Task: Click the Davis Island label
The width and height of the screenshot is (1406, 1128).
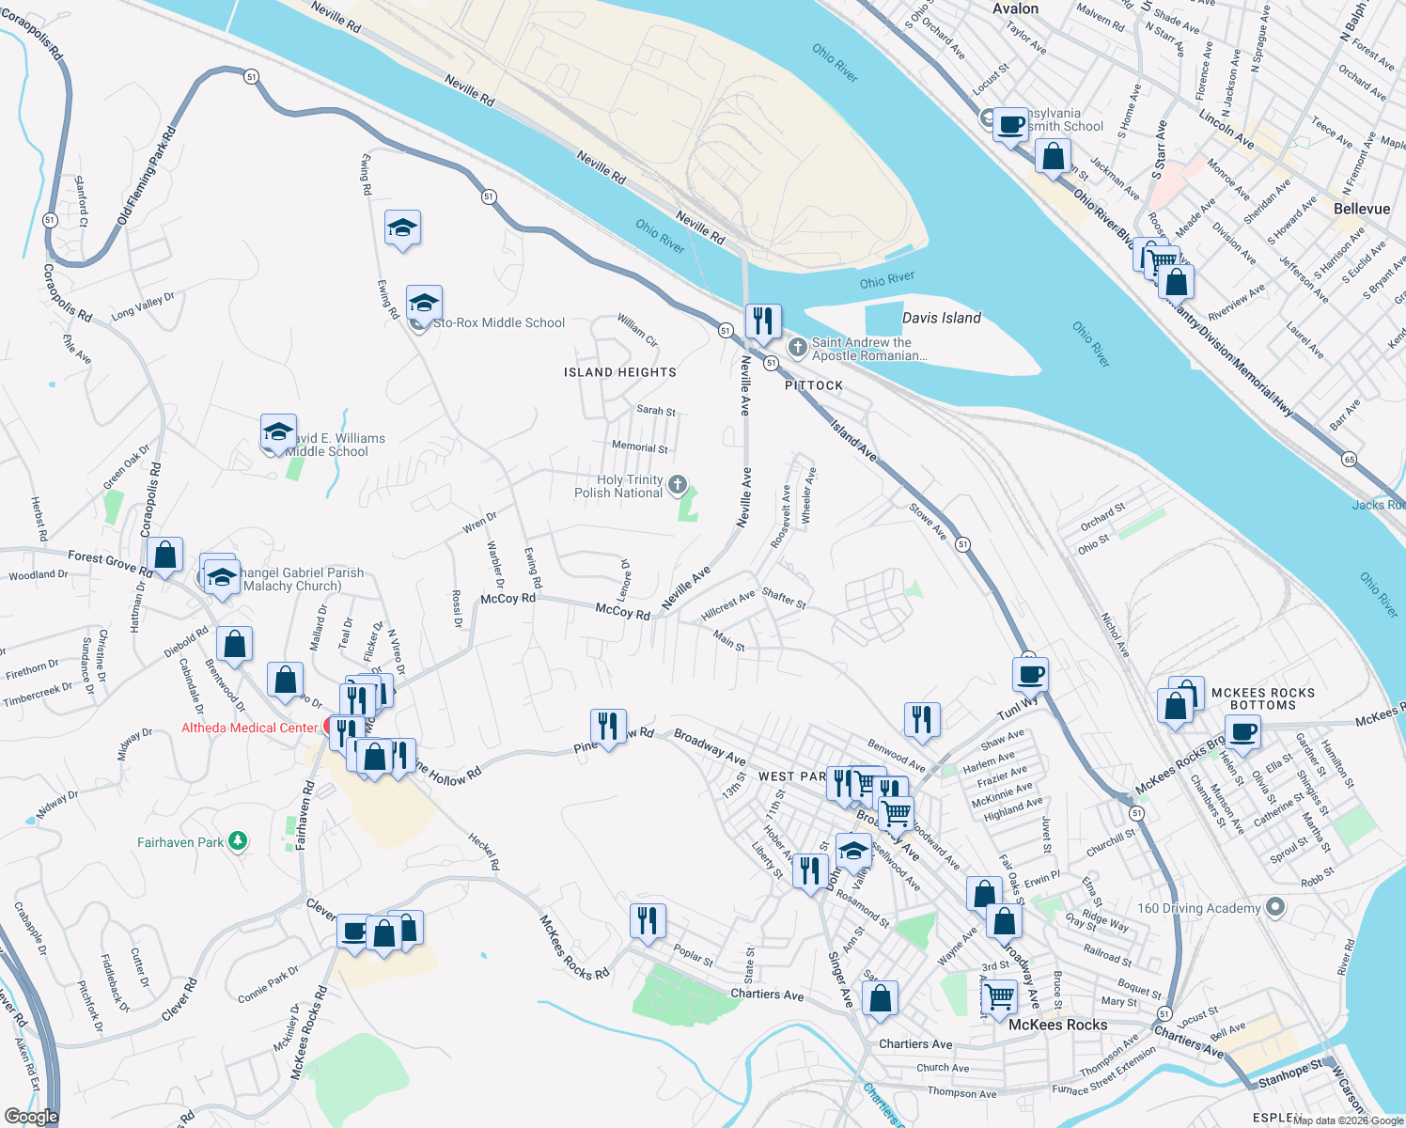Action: (941, 318)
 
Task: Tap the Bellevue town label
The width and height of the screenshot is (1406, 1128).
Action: (1361, 209)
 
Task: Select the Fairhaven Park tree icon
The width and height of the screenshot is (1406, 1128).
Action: (238, 841)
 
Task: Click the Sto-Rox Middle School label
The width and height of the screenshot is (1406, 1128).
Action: (499, 322)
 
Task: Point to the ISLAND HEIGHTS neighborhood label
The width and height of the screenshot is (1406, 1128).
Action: (620, 372)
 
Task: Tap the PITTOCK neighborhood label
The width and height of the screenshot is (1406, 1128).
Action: (814, 385)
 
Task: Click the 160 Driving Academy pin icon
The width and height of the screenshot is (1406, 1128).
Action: (1274, 907)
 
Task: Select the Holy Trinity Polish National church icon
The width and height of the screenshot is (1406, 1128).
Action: (678, 486)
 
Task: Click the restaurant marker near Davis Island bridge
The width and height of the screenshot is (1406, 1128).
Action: (763, 321)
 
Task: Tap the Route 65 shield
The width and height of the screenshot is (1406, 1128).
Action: (1350, 459)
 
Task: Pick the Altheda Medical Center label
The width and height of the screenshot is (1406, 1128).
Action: (249, 728)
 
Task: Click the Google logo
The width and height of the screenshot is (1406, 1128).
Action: (31, 1117)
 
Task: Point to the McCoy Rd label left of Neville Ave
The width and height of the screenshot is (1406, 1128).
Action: (622, 612)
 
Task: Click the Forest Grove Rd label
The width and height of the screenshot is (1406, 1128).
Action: (110, 562)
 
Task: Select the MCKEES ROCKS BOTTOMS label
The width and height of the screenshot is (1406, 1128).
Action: (1263, 698)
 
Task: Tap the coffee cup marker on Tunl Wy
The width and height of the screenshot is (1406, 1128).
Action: (1030, 674)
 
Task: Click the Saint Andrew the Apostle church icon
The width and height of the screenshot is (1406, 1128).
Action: (797, 349)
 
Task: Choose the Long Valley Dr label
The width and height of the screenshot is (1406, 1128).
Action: (143, 306)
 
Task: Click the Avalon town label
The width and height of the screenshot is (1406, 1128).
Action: (1015, 8)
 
